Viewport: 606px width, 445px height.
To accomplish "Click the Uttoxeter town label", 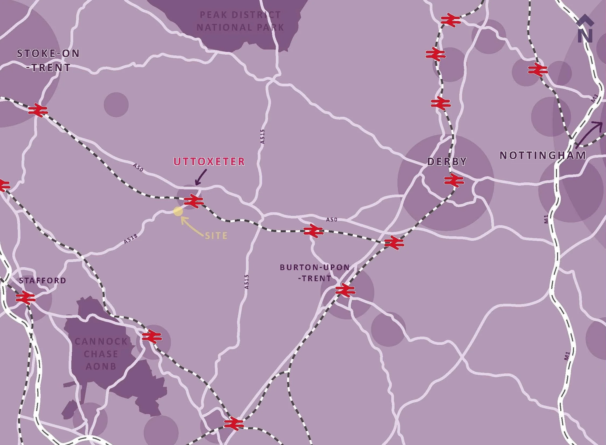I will coord(209,162).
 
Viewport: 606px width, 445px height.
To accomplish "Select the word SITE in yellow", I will coord(216,236).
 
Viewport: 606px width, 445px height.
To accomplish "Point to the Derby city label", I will coord(447,161).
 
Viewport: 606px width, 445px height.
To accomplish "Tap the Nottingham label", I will coord(543,156).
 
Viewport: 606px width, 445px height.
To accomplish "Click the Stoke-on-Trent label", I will coord(48,61).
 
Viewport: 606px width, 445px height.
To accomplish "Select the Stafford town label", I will coord(43,281).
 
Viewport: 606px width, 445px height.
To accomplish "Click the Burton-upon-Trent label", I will coord(315,273).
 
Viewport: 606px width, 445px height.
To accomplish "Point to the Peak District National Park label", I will coord(240,21).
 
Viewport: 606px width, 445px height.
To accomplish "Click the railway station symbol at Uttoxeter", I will coord(193,201).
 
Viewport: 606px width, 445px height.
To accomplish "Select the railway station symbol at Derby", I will coord(454,180).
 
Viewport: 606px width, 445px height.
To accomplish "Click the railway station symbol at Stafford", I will coord(26,298).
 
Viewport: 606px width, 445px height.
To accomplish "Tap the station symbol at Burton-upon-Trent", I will coord(345,290).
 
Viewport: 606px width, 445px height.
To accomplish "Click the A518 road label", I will coord(131,239).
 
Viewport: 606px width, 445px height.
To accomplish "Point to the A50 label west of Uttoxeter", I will coord(138,168).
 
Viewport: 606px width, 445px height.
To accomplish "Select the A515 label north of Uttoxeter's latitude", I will coord(263,137).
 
